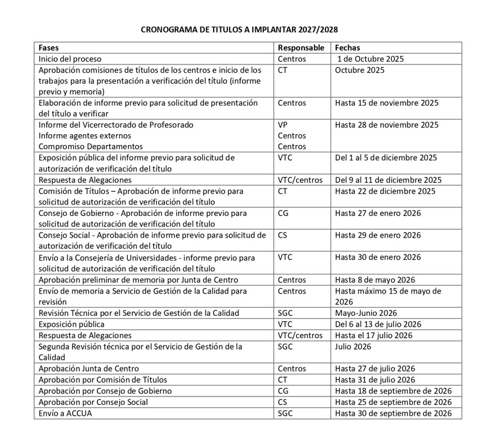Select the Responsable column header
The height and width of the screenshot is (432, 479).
tap(301, 47)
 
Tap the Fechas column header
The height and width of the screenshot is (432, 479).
tap(347, 47)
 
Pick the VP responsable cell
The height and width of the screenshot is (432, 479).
tap(283, 125)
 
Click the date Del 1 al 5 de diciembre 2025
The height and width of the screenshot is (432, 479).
tap(385, 158)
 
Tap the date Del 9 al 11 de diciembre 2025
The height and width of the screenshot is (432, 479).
tap(388, 180)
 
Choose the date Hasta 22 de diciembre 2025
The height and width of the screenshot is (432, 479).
tap(385, 191)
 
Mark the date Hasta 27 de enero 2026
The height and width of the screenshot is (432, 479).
tap(377, 212)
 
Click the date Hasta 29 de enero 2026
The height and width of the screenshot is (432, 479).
tap(377, 235)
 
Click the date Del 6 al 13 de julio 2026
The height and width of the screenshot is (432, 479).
tap(377, 324)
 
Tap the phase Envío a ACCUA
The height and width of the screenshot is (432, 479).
tap(66, 413)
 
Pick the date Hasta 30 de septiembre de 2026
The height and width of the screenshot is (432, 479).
tap(393, 413)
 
